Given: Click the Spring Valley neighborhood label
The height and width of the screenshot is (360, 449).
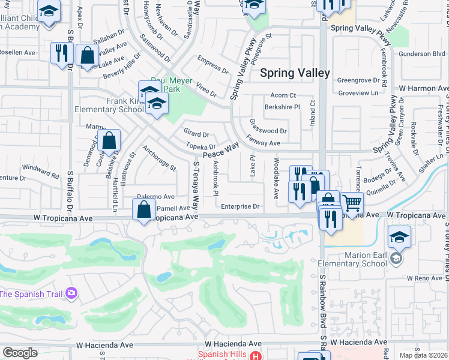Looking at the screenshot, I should [x=295, y=73].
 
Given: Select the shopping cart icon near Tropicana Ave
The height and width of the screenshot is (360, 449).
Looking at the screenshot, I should [x=352, y=203].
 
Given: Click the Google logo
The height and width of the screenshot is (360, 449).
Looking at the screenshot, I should [x=20, y=353].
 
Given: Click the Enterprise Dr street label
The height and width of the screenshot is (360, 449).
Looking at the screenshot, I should [x=240, y=206].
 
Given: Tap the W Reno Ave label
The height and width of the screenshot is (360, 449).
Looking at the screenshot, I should [x=424, y=278].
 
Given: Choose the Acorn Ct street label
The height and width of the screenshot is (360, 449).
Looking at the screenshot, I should [x=283, y=95].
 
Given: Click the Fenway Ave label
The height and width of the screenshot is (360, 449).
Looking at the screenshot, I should [x=264, y=143].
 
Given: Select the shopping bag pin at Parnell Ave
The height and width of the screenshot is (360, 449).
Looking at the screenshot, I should [x=143, y=211].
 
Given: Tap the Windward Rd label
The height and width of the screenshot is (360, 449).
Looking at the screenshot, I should [x=40, y=167].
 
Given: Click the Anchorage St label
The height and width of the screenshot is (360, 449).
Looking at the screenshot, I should [x=158, y=158].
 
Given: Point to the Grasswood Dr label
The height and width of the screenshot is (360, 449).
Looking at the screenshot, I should [x=268, y=131].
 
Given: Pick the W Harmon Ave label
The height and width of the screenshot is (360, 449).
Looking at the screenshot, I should [x=424, y=88].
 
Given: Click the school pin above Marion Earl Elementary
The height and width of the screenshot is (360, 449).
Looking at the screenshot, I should [x=399, y=238].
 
